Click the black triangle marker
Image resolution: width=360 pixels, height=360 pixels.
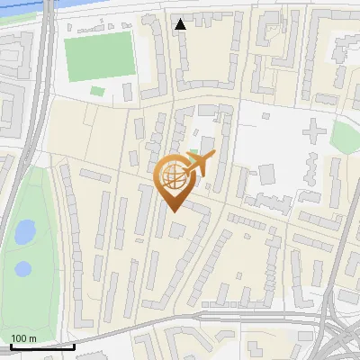(181, 24)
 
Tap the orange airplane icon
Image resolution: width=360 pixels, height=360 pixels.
(199, 164)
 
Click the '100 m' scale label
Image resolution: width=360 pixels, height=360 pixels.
(23, 338)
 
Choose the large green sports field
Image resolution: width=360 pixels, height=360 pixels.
(99, 56)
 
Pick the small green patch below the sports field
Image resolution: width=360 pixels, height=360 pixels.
(97, 91)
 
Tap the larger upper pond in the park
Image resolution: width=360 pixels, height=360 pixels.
(24, 233)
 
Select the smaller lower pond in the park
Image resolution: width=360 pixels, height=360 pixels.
(22, 268)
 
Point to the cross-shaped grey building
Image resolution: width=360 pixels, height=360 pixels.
(314, 133)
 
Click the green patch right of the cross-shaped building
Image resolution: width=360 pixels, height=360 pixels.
(345, 137)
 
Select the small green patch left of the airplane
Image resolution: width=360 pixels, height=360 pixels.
(193, 152)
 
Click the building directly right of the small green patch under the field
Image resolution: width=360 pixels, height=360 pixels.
(126, 93)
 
